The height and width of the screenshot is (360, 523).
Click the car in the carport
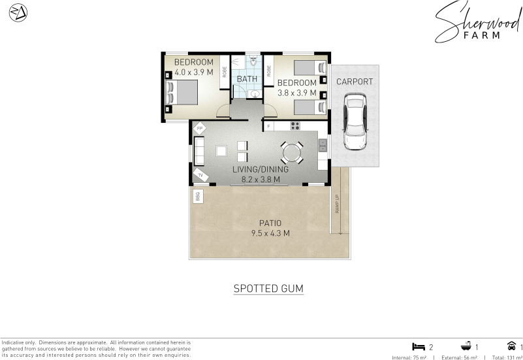[x=355, y=122]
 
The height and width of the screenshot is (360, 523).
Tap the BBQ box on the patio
[x=198, y=196]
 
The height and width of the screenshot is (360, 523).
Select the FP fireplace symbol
[x=199, y=129]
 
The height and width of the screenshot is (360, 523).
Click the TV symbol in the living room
[x=201, y=175]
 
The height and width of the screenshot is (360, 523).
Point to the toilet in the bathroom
[x=253, y=61]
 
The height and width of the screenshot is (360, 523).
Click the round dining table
[x=292, y=153]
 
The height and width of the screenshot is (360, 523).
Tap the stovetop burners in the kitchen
[x=295, y=126]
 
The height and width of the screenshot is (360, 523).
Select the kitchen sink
[x=323, y=146]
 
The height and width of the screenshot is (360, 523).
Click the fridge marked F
[x=268, y=127]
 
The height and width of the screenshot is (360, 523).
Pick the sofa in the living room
[x=199, y=151]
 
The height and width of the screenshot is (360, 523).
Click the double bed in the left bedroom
[x=182, y=93]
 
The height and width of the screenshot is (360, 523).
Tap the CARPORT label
[x=355, y=82]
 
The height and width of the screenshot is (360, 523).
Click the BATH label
[x=247, y=79]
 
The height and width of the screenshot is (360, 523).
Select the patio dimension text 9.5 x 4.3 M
[x=270, y=233]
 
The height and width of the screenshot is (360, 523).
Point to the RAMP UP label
[x=337, y=204]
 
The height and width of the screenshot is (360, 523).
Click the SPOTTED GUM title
[x=268, y=288]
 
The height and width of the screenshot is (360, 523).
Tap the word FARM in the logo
[x=482, y=35]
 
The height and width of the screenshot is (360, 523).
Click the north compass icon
[x=18, y=12]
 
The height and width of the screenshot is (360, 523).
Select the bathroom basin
[x=255, y=93]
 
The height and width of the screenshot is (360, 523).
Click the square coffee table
[x=221, y=151]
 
